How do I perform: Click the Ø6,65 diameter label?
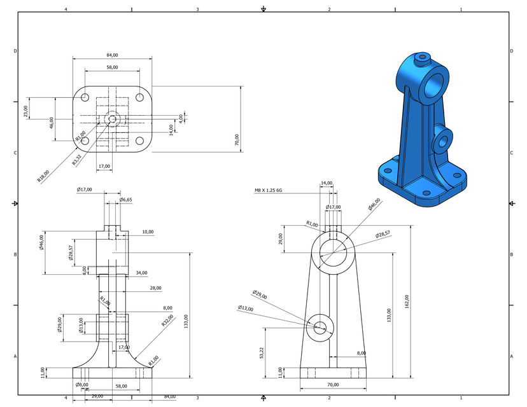[x=126, y=200]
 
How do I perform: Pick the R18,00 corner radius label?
[x=43, y=176]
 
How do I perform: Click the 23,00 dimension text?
[x=26, y=111]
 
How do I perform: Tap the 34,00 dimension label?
[x=141, y=273]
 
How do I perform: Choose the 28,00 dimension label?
[x=155, y=288]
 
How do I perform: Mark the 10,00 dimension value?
[x=148, y=232]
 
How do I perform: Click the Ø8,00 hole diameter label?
[x=82, y=385]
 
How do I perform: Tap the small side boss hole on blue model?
[x=441, y=142]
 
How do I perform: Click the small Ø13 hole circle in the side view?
[x=320, y=327]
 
